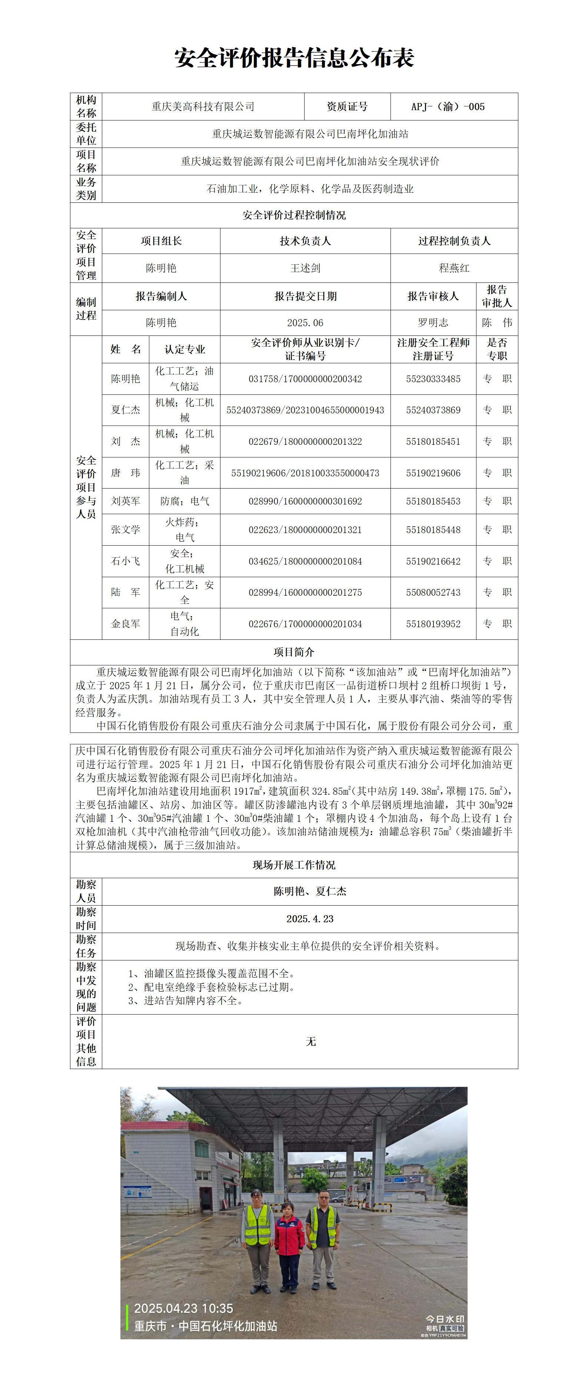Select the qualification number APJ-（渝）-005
(x=448, y=106)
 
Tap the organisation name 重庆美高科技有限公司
(x=203, y=106)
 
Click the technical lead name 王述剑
(x=305, y=268)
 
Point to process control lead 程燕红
(x=454, y=268)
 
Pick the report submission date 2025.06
(x=305, y=323)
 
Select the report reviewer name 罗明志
(x=433, y=323)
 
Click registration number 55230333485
(x=433, y=379)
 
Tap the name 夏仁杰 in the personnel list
(x=125, y=410)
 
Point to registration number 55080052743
(x=433, y=592)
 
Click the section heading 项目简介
(x=294, y=652)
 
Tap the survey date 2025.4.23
(x=310, y=919)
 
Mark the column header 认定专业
(x=185, y=349)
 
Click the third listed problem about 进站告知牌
(x=186, y=1001)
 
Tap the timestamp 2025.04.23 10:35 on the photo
(x=183, y=1309)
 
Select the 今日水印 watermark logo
(x=445, y=1319)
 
